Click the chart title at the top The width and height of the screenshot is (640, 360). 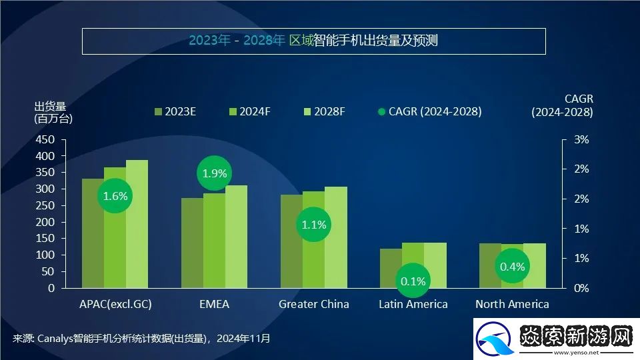point(313,41)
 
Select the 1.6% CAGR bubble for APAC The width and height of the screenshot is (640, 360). point(115,196)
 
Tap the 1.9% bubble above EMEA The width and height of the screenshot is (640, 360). point(215,173)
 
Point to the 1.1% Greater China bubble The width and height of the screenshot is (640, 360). point(313,225)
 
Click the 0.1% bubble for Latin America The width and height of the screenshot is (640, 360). point(413,281)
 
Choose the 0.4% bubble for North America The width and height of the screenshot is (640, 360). point(512,266)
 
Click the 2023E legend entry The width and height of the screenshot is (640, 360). point(175,111)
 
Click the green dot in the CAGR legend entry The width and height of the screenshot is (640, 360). point(382,111)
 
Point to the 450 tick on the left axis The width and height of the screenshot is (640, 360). point(46,139)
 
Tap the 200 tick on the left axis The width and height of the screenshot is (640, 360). point(46,222)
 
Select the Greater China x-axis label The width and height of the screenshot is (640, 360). point(313,304)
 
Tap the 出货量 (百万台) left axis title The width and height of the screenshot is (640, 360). point(53,112)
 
